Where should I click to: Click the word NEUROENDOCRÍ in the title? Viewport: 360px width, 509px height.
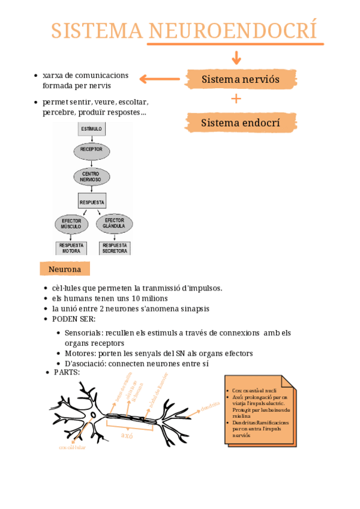point(232,31)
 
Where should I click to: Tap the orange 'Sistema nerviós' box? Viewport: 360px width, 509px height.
point(241,79)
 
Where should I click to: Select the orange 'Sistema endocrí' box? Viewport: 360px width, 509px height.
point(241,123)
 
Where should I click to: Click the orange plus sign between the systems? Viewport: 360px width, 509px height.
point(236,99)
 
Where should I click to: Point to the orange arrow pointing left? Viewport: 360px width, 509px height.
point(160,79)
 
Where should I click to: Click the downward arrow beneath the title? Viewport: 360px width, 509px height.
point(236,58)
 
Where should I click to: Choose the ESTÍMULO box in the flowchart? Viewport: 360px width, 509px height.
point(91,128)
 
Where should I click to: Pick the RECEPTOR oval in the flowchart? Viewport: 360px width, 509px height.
point(91,149)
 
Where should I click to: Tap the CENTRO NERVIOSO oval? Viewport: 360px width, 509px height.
point(91,176)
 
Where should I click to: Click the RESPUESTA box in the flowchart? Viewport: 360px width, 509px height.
point(92,202)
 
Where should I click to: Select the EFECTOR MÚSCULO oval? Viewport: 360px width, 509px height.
point(71,224)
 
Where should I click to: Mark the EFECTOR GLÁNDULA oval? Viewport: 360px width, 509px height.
point(113,223)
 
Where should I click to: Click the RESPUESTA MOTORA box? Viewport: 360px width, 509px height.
point(71,248)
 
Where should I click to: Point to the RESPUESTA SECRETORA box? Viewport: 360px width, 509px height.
point(115,248)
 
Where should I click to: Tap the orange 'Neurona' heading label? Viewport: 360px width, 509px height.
point(65,269)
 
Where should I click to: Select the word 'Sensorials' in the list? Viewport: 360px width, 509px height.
point(83,333)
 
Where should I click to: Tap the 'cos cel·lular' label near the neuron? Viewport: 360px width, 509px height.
point(72,448)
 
